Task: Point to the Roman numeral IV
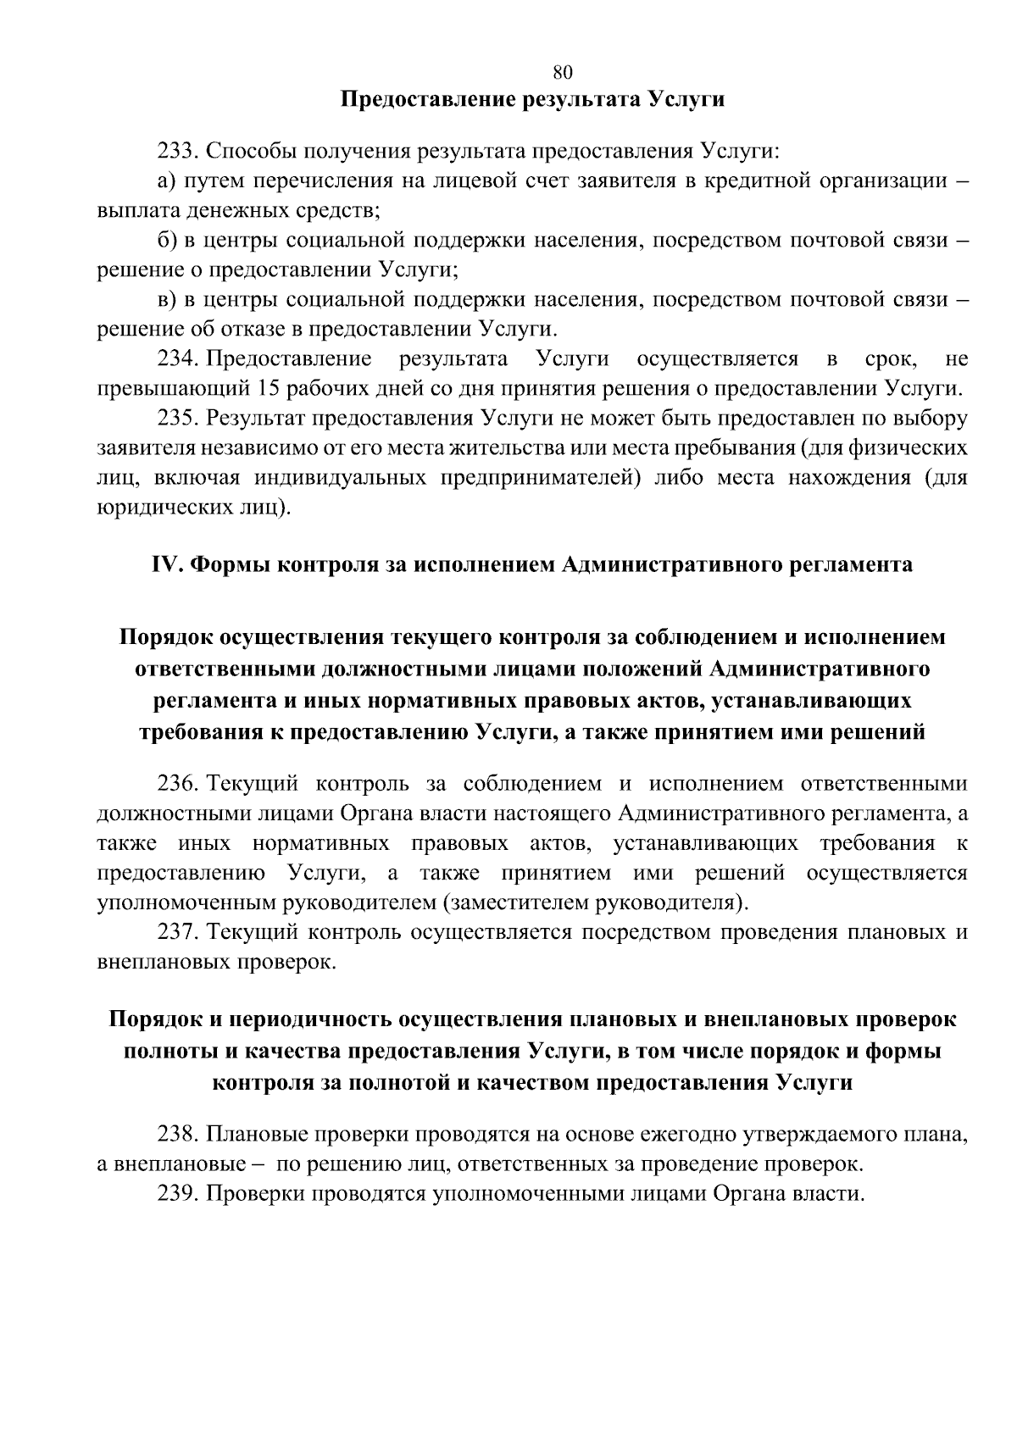pyautogui.click(x=163, y=564)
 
